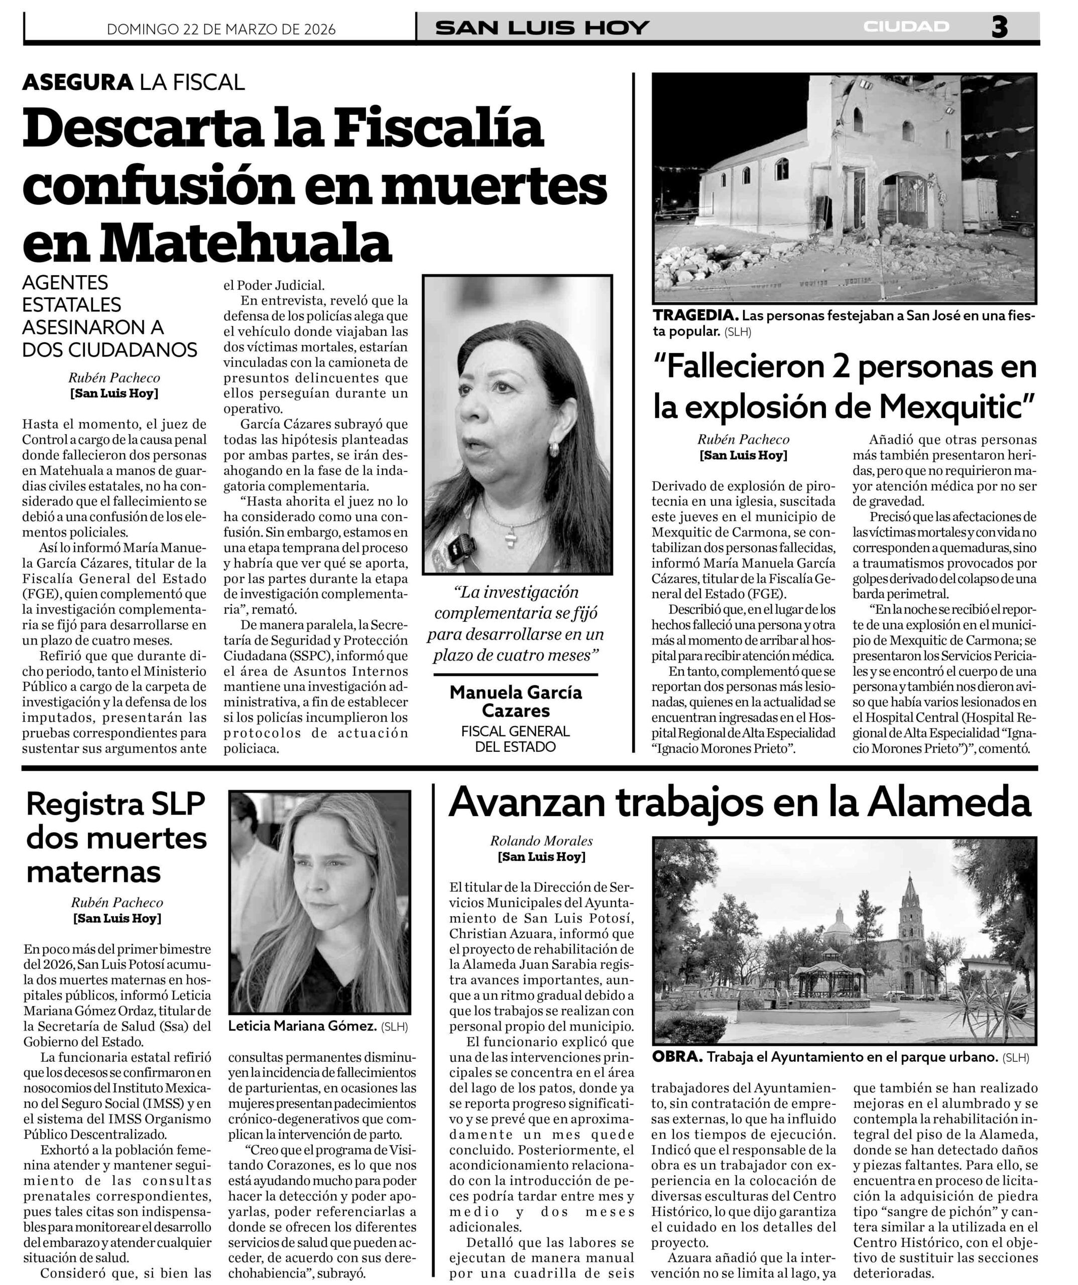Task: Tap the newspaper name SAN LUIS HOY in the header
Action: (x=542, y=28)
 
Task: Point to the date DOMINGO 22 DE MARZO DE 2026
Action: (x=221, y=30)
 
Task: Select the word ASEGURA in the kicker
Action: (x=78, y=82)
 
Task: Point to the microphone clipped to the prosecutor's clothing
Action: (x=465, y=543)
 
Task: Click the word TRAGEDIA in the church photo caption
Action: (x=695, y=316)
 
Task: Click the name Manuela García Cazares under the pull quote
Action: (x=516, y=701)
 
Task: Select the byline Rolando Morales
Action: (x=541, y=841)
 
